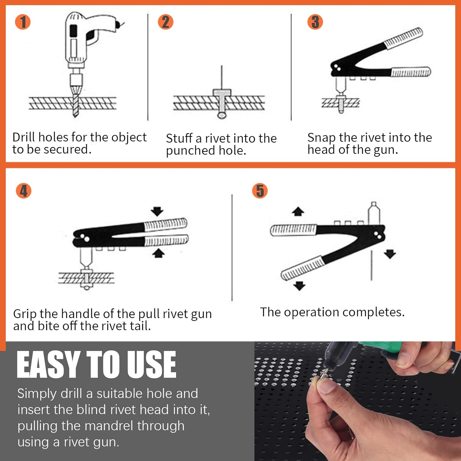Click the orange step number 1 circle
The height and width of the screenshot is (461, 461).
coord(23,22)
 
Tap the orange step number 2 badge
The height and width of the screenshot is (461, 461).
coord(166,22)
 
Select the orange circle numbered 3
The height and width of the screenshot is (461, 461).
coord(315,22)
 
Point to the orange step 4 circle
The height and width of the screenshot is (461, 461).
coord(24,191)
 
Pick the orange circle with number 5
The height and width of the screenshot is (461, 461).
coord(260,191)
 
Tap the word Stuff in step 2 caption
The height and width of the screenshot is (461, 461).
coord(179,138)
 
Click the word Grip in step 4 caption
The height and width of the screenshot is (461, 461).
coord(25,314)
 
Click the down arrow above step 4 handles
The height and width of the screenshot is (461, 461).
coord(157,211)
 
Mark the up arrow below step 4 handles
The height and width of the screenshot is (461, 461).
coord(158,253)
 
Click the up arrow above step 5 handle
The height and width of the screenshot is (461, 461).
coord(298,211)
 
